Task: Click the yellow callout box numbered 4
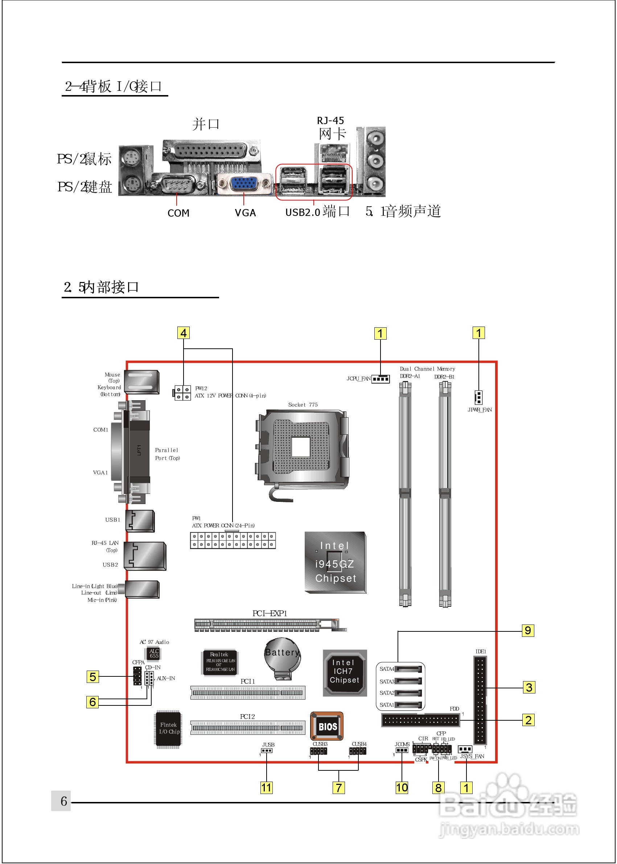click(x=184, y=333)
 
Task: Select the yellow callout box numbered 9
click(x=528, y=631)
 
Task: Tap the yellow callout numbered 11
click(x=266, y=787)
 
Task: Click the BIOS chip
click(x=327, y=726)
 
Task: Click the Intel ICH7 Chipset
click(x=345, y=673)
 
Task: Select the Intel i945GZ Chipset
click(x=336, y=562)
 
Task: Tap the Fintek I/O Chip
click(x=169, y=728)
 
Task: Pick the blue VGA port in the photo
click(x=243, y=184)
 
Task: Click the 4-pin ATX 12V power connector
click(x=182, y=393)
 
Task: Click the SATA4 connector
click(x=408, y=669)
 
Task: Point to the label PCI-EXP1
click(x=270, y=614)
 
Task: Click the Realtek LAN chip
click(x=220, y=662)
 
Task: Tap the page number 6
click(x=64, y=801)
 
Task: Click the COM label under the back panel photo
click(x=178, y=213)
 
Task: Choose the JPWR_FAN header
click(x=478, y=397)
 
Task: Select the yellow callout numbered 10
click(x=402, y=787)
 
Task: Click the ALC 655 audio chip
click(x=154, y=654)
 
